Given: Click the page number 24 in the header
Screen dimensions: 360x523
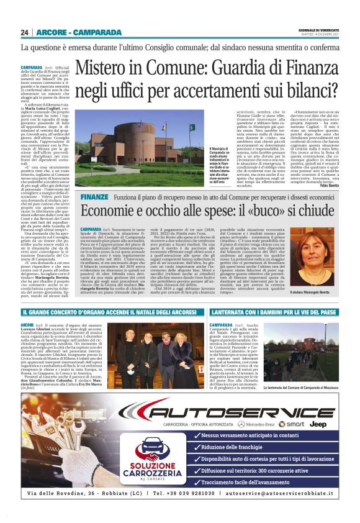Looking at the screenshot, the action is point(24,32).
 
